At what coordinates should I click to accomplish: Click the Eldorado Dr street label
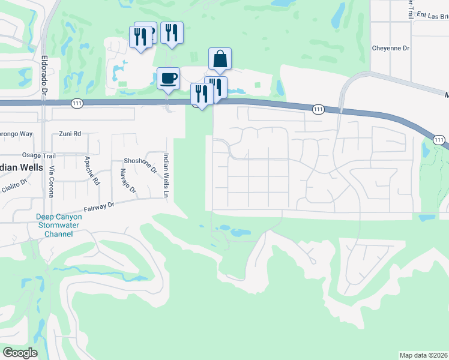[44, 74]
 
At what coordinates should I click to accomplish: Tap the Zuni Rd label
[70, 134]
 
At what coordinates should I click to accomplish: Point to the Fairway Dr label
[99, 207]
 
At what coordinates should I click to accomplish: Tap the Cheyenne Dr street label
[390, 47]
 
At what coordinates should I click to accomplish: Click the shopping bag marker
[220, 59]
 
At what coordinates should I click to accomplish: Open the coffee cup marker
[168, 78]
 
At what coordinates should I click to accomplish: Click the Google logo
[20, 353]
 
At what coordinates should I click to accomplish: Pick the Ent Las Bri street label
[430, 16]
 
